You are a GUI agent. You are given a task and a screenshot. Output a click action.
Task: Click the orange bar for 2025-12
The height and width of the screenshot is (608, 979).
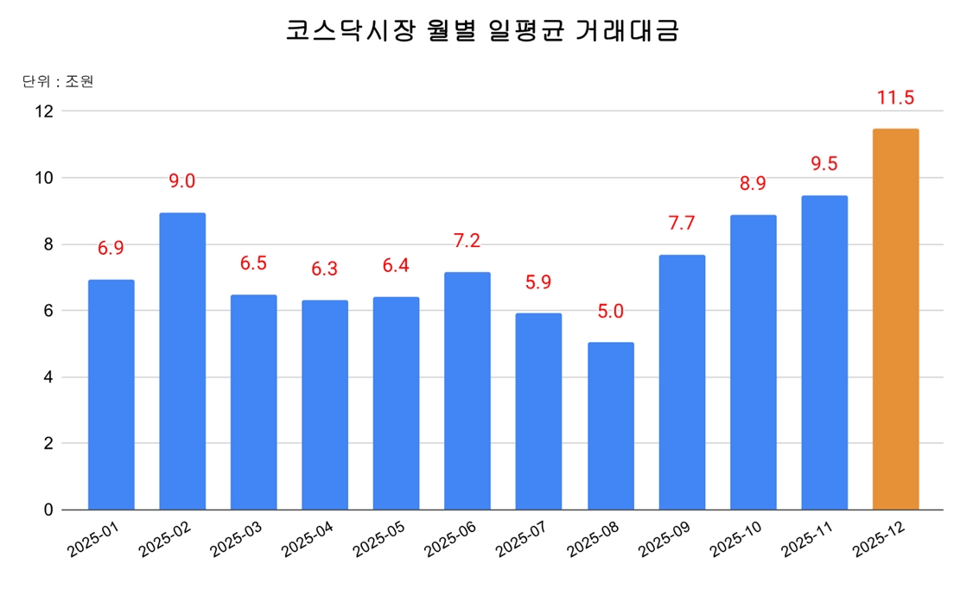[x=895, y=320]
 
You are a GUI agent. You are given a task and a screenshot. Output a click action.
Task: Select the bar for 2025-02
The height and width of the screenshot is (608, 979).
[x=182, y=361]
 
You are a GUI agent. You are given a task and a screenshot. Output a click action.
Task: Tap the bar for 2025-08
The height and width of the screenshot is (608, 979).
[x=611, y=426]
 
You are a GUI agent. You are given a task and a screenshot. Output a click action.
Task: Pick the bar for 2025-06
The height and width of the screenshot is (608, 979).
[x=467, y=390]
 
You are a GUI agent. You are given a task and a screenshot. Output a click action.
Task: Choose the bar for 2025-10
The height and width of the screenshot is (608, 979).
[x=753, y=362]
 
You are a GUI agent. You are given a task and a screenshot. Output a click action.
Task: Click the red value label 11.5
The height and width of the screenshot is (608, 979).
[x=895, y=98]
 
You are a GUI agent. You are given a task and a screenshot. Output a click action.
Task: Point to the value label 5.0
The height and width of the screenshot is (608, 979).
[x=611, y=312]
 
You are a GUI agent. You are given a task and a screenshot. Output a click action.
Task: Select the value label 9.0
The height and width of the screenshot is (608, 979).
[x=182, y=181]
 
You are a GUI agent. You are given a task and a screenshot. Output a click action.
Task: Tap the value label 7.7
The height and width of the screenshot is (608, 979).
[x=682, y=224]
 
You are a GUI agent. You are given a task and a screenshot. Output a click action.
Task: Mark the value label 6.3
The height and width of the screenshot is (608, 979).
[x=325, y=269]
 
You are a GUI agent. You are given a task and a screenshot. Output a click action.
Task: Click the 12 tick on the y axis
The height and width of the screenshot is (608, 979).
[x=43, y=111]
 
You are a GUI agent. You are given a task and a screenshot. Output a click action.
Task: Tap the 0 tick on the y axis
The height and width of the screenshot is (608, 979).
[x=48, y=510]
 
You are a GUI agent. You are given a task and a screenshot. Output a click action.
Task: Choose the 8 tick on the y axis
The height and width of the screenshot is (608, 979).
[x=48, y=244]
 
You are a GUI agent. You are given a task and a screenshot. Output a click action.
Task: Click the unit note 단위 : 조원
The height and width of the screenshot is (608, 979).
[x=57, y=82]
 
